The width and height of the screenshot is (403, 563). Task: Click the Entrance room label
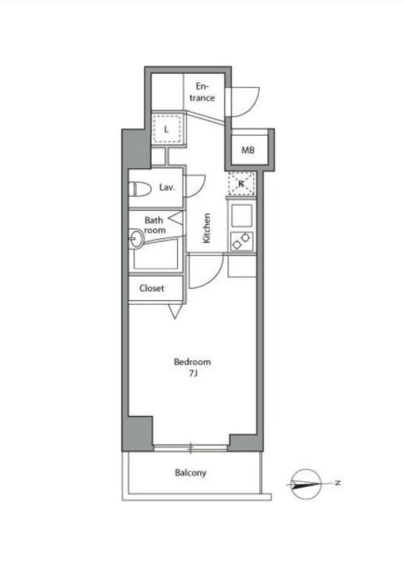[x=202, y=92]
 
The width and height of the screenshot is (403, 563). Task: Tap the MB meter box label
[x=247, y=150]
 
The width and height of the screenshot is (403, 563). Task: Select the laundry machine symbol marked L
[x=166, y=129]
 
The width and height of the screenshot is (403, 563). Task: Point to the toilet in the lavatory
[x=140, y=189]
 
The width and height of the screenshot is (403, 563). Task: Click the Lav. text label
[x=167, y=187]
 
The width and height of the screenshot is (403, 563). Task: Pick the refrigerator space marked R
[x=241, y=184]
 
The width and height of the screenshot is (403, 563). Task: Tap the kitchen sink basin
[x=241, y=215]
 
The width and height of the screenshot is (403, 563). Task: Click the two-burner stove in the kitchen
[x=241, y=242]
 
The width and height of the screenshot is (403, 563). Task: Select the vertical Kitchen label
[x=206, y=228]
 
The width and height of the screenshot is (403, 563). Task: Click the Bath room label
[x=155, y=225]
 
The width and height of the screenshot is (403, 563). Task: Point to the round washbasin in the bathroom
[x=136, y=238]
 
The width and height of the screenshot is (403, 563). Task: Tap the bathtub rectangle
[x=156, y=254]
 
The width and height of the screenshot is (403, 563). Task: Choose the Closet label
[x=151, y=288]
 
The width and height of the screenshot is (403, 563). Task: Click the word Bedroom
[x=192, y=361]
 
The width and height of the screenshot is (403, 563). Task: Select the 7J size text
[x=193, y=373]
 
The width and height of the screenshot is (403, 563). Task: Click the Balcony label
[x=190, y=472]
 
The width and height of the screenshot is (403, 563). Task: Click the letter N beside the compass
[x=338, y=483]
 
